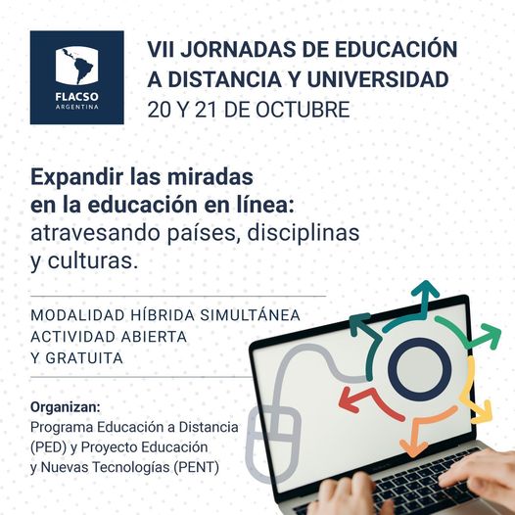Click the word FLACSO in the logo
pos(76,97)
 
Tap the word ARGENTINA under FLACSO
pos(76,107)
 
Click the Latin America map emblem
pos(76,66)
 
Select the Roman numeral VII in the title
pos(161,50)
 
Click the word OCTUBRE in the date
pos(303,110)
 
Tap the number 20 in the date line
pos(160,110)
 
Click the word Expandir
pos(76,177)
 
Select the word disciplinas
pos(304,233)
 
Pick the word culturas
pos(93,260)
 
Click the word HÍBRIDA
pos(163,315)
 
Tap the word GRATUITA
pos(84,358)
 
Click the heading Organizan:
pos(66,407)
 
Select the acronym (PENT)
pos(197,467)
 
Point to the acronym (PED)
pos(49,447)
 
